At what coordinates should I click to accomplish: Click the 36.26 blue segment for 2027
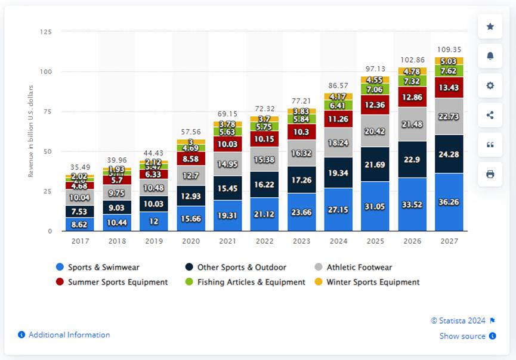pos(449,201)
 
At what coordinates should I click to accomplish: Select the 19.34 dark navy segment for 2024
pos(339,172)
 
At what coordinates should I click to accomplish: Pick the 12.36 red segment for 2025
pos(376,105)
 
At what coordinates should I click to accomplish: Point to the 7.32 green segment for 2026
pos(413,81)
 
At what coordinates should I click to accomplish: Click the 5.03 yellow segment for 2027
pos(449,61)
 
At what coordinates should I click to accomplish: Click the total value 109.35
pos(449,49)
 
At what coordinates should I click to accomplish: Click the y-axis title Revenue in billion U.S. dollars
pos(31,131)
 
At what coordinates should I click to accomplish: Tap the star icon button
pos(490,26)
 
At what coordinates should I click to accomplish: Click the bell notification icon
pos(490,56)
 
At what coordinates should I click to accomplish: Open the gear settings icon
pos(490,85)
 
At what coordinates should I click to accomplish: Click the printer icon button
pos(490,174)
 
